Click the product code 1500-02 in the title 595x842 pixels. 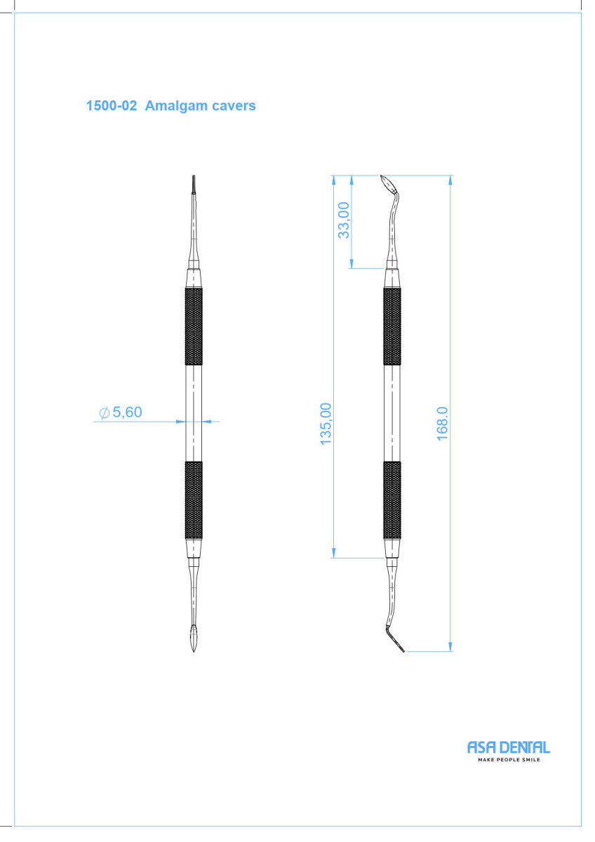pos(112,106)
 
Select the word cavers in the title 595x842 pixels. pos(234,107)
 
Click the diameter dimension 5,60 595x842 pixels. pos(127,413)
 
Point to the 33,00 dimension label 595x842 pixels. pos(344,220)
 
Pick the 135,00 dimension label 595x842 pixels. pos(326,424)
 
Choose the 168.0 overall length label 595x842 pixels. pos(443,423)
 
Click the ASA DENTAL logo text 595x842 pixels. pos(509,748)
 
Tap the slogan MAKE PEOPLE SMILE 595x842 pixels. pos(509,760)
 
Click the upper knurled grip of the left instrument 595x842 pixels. pos(194,326)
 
